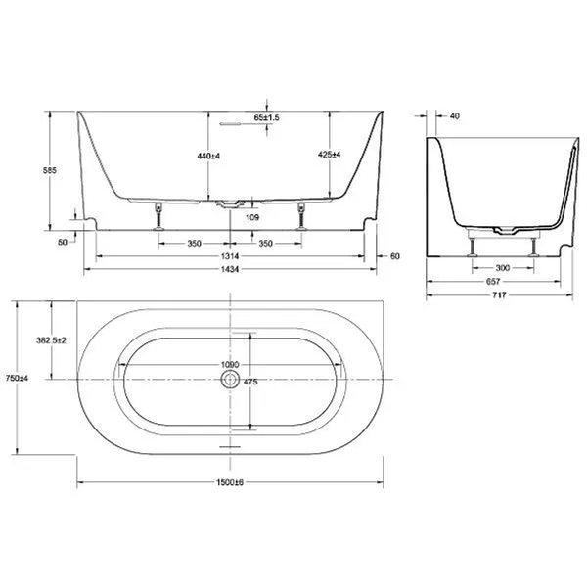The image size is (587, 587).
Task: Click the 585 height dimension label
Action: (x=50, y=170)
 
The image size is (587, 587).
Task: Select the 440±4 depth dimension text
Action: (x=208, y=156)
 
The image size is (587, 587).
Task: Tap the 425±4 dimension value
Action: (x=329, y=155)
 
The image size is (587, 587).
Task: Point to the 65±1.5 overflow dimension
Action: (x=266, y=118)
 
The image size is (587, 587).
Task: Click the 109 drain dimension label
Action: (x=252, y=217)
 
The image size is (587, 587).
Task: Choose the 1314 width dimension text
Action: (x=230, y=256)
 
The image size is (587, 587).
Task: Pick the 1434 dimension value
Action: (x=230, y=269)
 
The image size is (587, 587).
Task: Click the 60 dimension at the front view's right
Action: (x=395, y=256)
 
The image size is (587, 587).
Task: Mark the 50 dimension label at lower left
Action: (x=63, y=243)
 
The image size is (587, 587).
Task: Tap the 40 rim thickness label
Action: (x=454, y=116)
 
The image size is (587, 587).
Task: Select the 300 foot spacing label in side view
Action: (x=503, y=268)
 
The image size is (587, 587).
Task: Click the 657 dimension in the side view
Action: (x=493, y=282)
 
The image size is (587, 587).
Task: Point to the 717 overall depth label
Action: (x=499, y=295)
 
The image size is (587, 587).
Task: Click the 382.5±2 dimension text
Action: (x=51, y=340)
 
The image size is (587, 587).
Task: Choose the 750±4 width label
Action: (x=17, y=378)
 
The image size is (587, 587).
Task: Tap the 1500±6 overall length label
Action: (x=230, y=482)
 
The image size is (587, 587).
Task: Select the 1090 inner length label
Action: (x=230, y=365)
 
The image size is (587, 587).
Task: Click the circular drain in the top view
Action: (x=230, y=380)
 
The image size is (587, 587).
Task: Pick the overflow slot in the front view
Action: (x=230, y=123)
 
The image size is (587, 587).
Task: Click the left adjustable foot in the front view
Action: (x=159, y=216)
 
